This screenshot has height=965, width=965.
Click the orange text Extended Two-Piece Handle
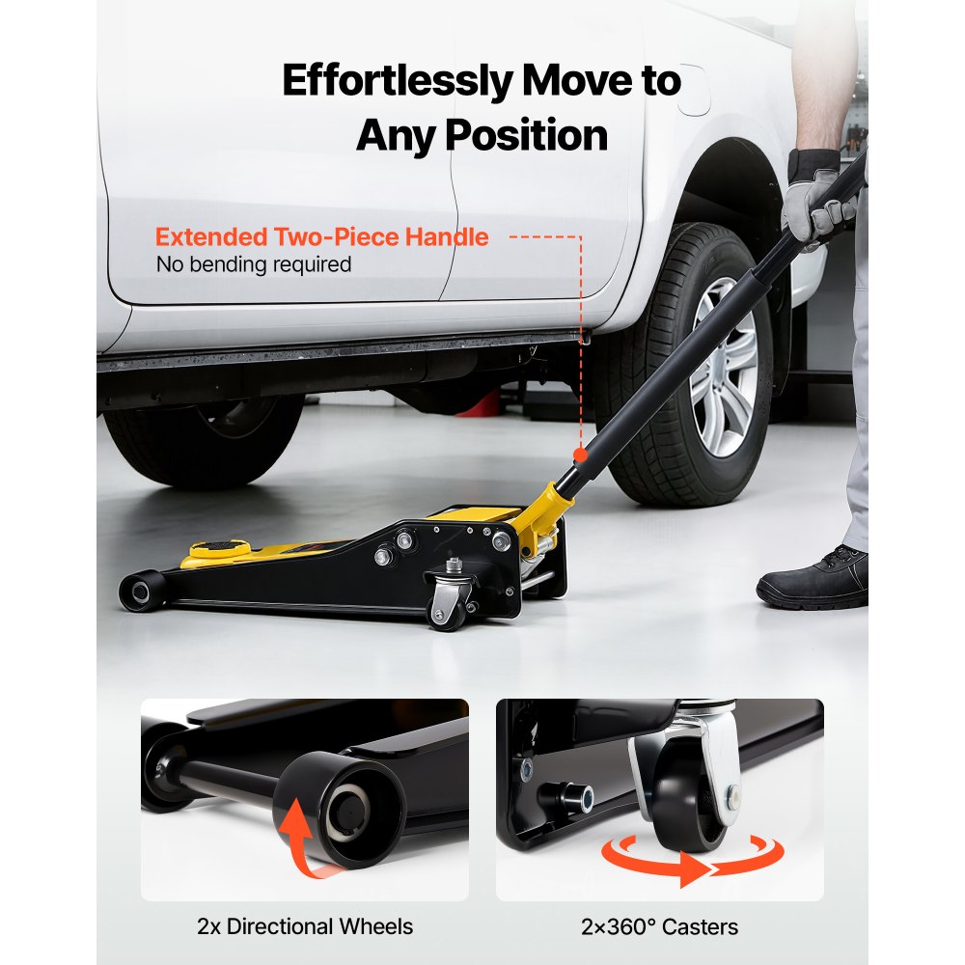tap(321, 237)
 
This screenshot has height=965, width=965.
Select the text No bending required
tap(253, 263)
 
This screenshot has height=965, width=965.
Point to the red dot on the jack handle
tap(580, 455)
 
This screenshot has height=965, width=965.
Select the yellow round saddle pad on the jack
tap(217, 553)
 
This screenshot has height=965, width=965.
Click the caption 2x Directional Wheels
tap(304, 927)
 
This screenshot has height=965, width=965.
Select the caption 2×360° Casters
tap(660, 927)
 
